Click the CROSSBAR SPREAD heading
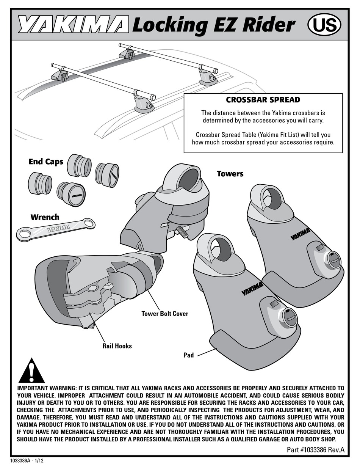[263, 100]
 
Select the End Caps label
[46, 162]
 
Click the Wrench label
[45, 217]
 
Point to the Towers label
[230, 174]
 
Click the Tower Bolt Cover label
[164, 314]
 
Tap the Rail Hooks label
[117, 345]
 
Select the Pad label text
[188, 355]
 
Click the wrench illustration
[55, 229]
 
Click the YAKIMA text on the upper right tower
[300, 234]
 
